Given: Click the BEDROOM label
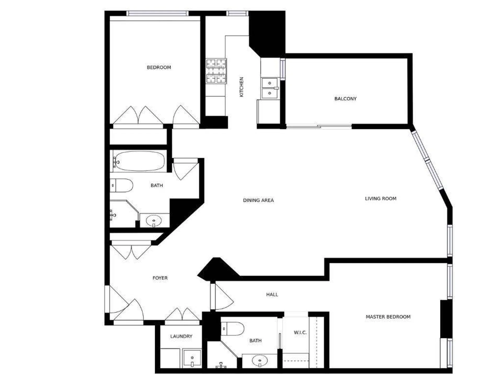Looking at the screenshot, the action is (x=159, y=68).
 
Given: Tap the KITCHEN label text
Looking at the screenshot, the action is (x=241, y=87).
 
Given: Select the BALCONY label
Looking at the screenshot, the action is (x=345, y=99).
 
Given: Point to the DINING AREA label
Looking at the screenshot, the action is (x=258, y=200).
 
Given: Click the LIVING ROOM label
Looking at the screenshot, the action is (x=381, y=199).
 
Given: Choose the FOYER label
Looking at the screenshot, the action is (x=160, y=278).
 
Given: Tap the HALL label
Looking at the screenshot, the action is (x=272, y=295).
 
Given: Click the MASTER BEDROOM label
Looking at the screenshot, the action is (x=388, y=317).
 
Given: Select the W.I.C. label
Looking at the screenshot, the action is (x=300, y=333).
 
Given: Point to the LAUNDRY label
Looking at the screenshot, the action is (x=181, y=336).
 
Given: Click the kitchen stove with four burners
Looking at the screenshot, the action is (x=216, y=71).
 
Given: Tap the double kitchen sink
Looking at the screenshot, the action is (x=270, y=88).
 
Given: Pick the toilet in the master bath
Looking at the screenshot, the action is (x=233, y=329).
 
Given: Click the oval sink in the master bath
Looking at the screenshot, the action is (x=260, y=361).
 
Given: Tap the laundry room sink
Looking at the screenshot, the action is (x=192, y=359).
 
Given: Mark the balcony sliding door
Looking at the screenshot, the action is (x=319, y=127).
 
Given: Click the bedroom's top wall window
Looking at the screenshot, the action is (x=157, y=13).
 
